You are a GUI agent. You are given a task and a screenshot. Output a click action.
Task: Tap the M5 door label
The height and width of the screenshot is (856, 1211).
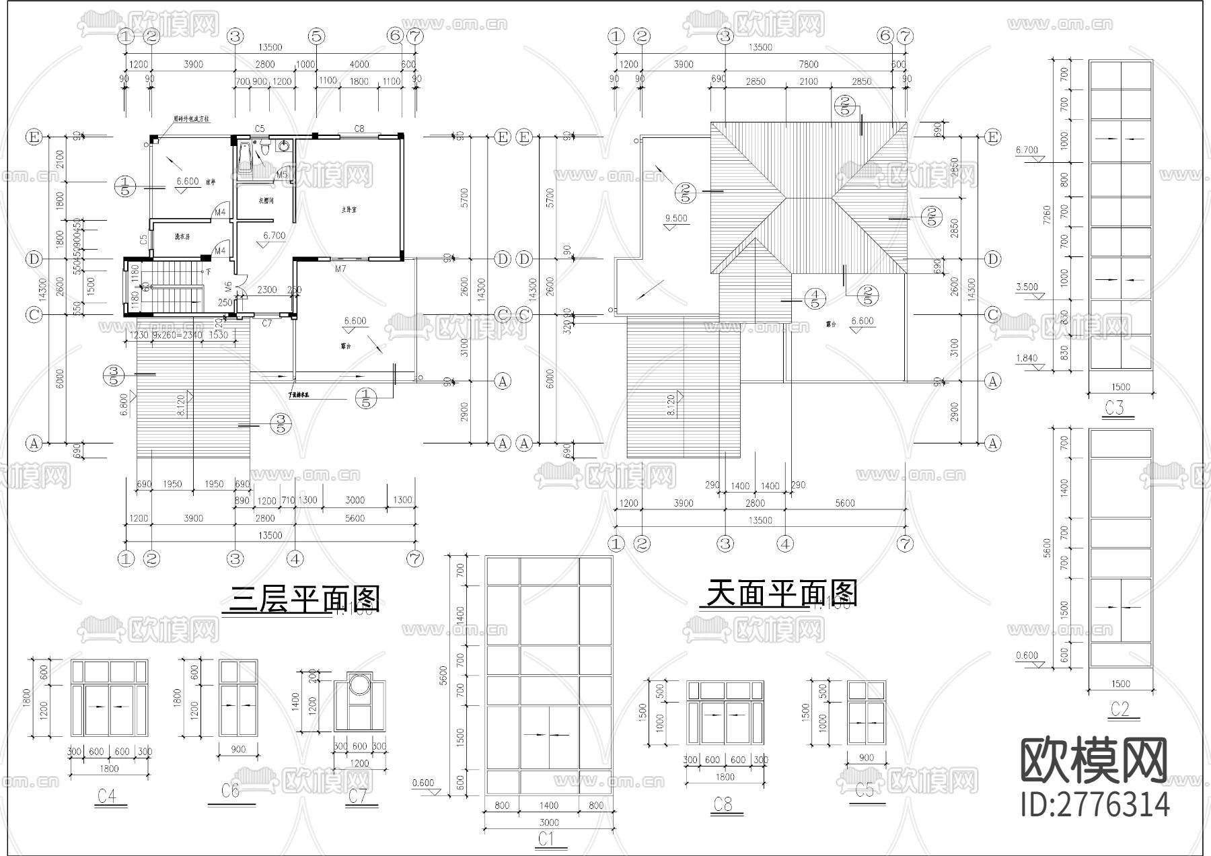(x=283, y=175)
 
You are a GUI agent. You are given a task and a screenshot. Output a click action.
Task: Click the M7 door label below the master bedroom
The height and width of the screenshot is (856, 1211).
(x=340, y=269)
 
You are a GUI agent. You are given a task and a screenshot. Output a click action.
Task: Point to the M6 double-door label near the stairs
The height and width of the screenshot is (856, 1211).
(x=229, y=287)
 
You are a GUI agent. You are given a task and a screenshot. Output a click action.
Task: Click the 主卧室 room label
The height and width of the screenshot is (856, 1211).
(x=348, y=210)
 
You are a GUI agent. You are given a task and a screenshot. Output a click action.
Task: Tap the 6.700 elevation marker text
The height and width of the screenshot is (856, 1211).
(x=274, y=236)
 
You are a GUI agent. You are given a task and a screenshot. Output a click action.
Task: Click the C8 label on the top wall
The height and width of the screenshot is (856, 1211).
(x=359, y=129)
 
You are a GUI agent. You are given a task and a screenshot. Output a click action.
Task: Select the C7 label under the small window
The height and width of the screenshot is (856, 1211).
(x=267, y=323)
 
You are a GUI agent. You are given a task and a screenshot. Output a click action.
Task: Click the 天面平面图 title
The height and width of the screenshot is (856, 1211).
(x=781, y=594)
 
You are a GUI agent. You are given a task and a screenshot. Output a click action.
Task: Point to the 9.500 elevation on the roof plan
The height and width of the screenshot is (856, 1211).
(x=676, y=219)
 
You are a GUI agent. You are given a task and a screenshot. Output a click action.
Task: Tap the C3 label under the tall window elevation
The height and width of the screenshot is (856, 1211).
(x=1114, y=408)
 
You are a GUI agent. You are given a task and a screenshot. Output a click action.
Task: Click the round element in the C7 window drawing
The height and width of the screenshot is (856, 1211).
(x=359, y=684)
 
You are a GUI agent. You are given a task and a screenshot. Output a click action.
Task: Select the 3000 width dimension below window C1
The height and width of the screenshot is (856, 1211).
(x=549, y=822)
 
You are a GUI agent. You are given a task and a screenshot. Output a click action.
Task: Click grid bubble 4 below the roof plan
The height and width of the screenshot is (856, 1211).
(x=785, y=543)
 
